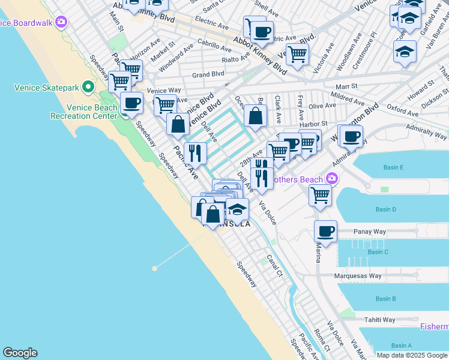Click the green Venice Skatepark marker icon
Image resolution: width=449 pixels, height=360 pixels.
[88, 88]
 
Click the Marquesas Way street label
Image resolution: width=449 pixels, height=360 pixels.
[358, 277]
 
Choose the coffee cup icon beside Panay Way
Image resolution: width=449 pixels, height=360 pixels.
[325, 231]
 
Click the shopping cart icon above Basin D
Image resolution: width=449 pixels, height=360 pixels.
[321, 194]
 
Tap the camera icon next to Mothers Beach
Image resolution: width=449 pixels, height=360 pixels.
[331, 179]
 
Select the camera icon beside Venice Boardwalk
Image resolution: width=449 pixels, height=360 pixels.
[61, 23]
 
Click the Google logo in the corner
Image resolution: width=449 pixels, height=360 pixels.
[20, 353]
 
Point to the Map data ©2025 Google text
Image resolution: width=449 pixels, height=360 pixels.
[412, 355]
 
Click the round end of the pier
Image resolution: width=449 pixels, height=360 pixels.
[154, 268]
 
